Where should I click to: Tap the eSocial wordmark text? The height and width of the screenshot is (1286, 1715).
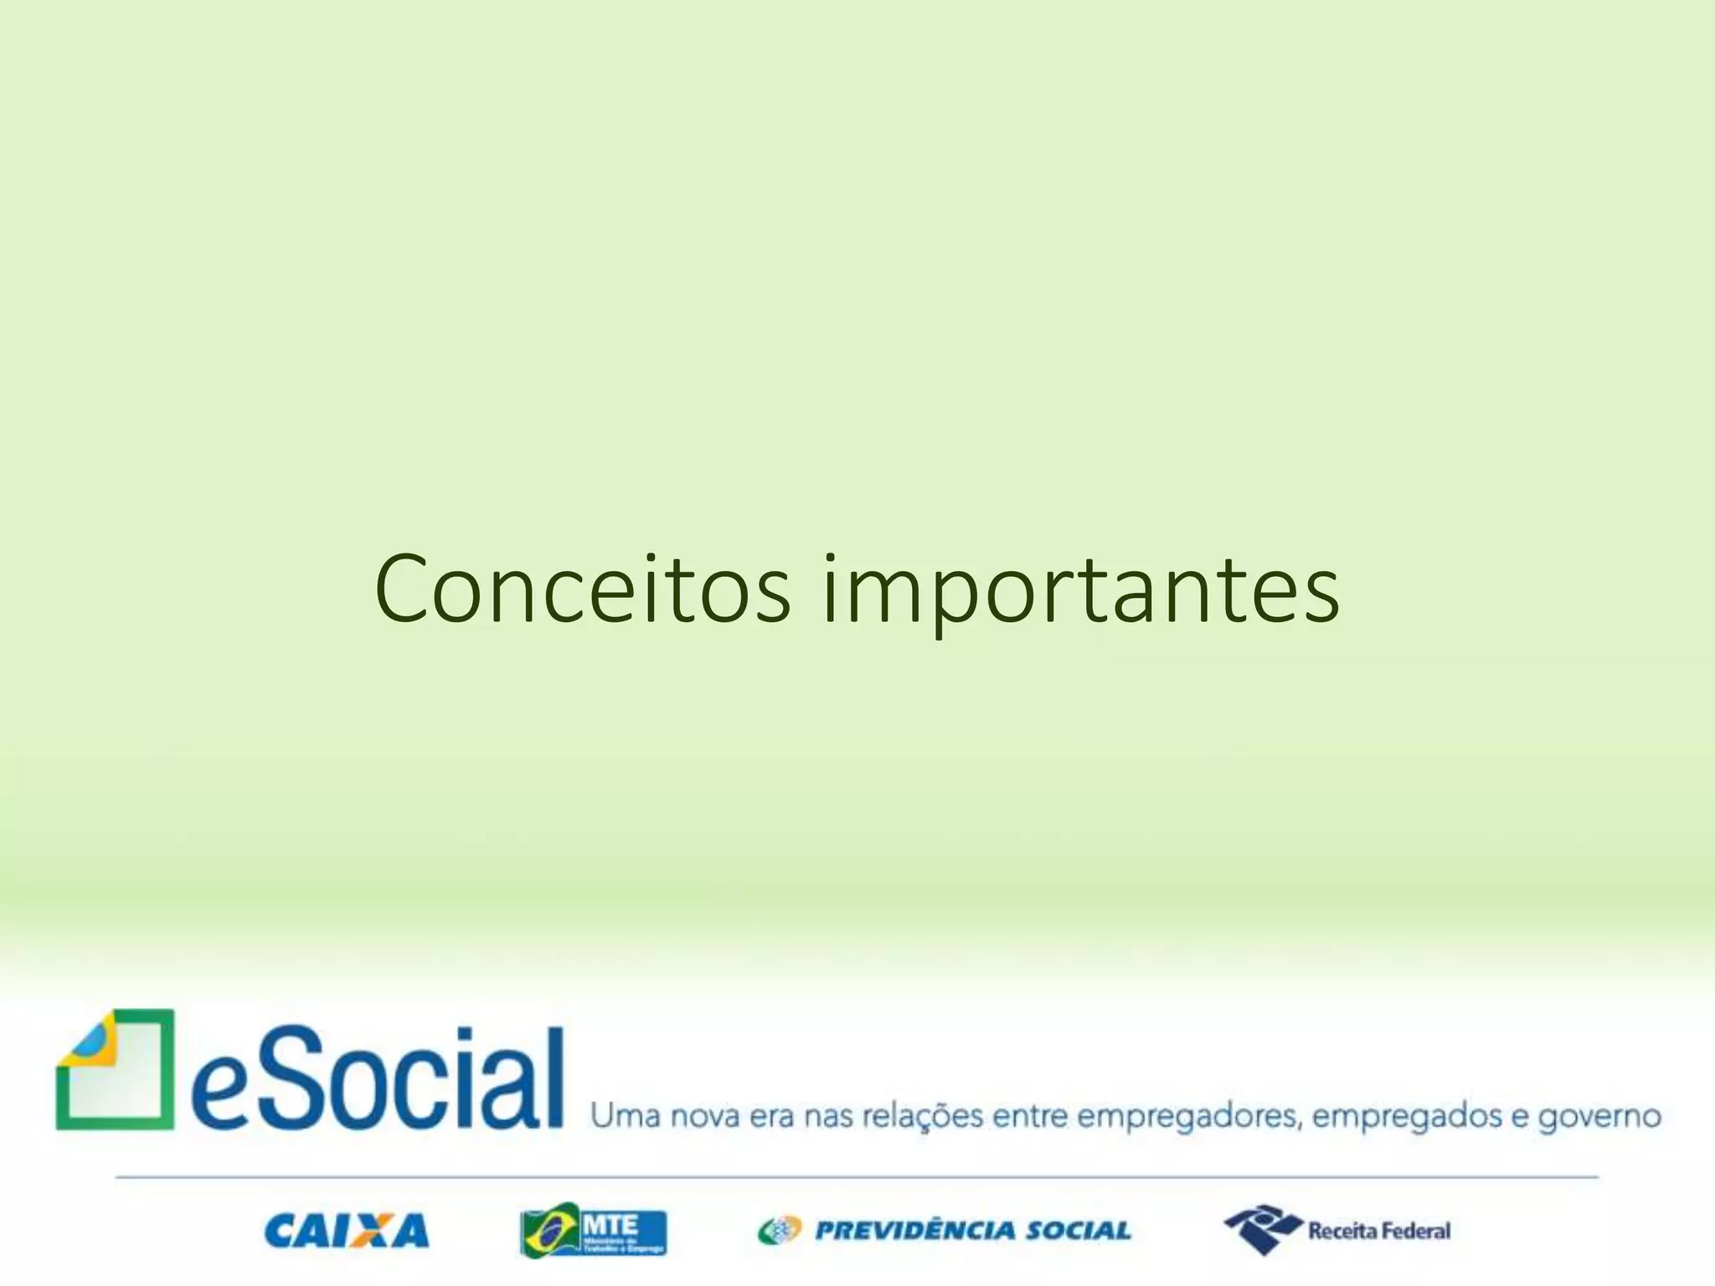(377, 1079)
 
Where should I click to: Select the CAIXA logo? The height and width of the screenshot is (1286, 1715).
(346, 1231)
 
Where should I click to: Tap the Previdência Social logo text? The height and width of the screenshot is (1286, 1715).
(973, 1231)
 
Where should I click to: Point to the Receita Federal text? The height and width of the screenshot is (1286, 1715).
(1379, 1231)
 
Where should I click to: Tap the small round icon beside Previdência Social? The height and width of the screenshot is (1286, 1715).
(780, 1231)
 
